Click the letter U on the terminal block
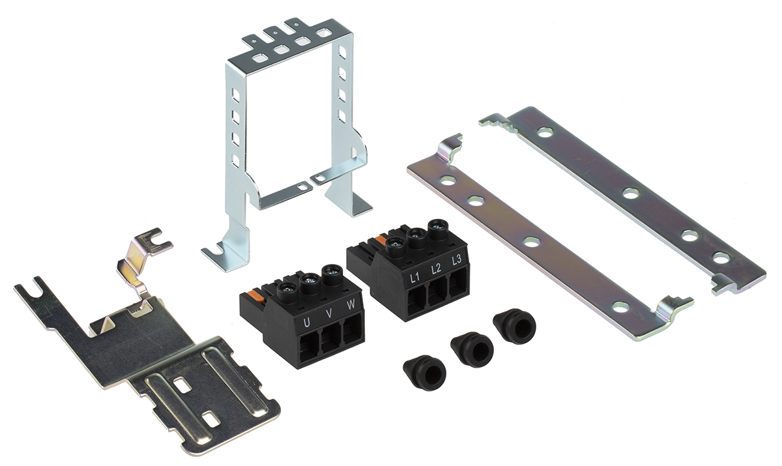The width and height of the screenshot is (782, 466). click(x=306, y=323)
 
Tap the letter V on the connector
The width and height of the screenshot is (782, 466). click(x=328, y=313)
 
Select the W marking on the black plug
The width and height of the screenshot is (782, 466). click(x=351, y=304)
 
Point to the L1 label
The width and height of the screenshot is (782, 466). click(x=414, y=278)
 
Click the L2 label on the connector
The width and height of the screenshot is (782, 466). click(x=436, y=269)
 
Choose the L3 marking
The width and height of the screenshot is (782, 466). click(x=456, y=259)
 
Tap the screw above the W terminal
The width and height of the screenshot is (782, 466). click(x=331, y=272)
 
